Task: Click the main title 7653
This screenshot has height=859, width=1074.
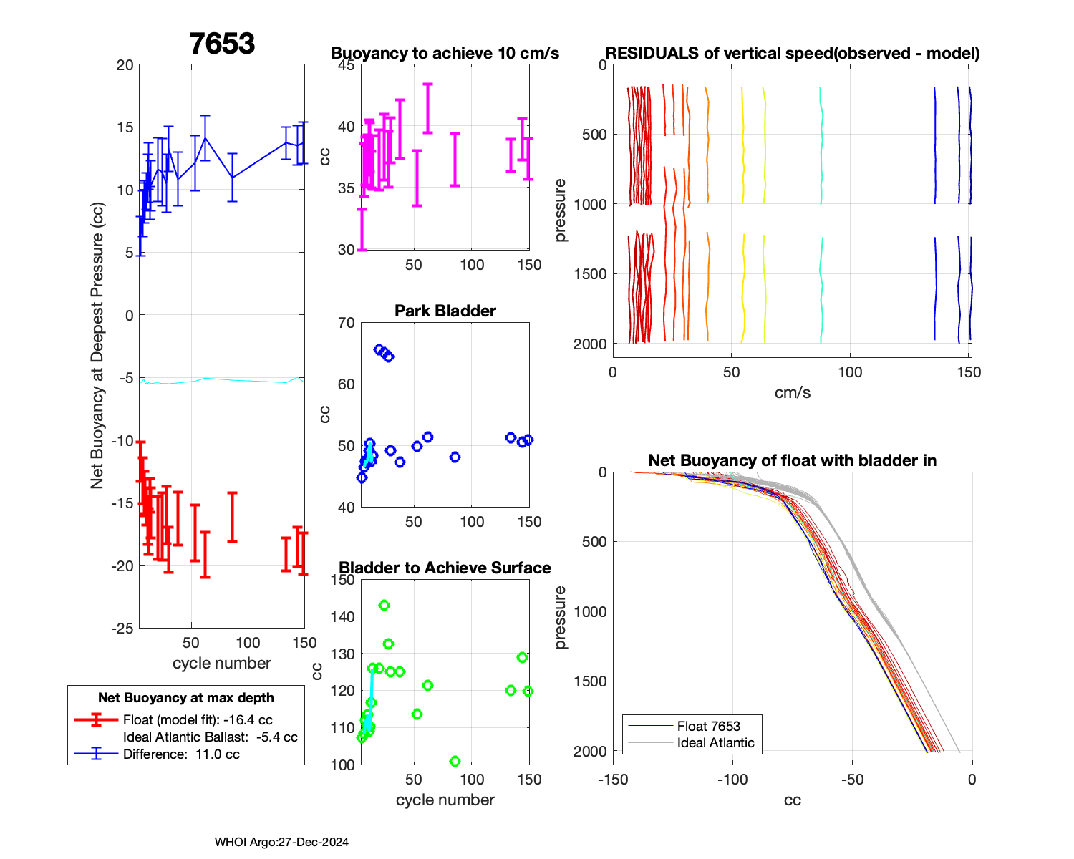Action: tap(222, 44)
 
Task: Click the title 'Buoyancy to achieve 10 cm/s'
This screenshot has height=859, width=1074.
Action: tap(445, 53)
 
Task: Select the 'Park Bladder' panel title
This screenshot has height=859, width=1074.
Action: tap(445, 311)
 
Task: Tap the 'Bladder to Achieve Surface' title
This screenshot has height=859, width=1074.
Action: tap(445, 568)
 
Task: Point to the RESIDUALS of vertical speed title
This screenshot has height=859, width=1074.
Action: tap(792, 53)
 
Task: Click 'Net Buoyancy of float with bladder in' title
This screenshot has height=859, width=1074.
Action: tap(792, 460)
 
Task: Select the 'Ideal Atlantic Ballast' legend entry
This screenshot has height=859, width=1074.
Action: tap(210, 737)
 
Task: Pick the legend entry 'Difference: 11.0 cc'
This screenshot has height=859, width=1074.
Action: tap(181, 754)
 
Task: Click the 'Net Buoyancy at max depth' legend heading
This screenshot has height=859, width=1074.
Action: tap(186, 698)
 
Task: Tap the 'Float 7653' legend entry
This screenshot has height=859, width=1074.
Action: tap(708, 726)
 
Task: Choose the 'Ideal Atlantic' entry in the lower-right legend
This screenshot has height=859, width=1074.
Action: tap(715, 743)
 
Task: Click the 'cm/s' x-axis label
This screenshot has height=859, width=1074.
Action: tap(792, 392)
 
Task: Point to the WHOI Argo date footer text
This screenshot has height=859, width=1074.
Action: tap(281, 842)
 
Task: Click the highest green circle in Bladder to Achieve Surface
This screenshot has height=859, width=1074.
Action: tap(384, 606)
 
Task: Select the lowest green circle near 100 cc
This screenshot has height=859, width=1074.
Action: tap(455, 762)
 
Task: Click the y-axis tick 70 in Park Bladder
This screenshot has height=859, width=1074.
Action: tap(346, 323)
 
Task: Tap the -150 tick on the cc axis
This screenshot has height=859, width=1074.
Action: tap(612, 779)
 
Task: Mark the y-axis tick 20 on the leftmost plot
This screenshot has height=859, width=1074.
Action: tap(125, 65)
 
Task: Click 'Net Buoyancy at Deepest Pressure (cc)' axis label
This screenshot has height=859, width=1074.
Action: tap(97, 346)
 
